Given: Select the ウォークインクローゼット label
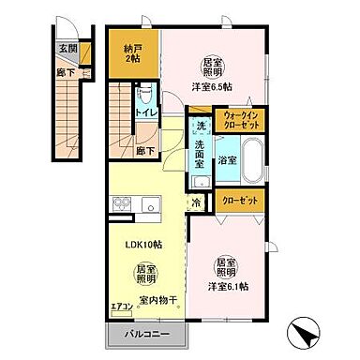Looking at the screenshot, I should coord(243,120).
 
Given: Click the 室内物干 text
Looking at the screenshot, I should coord(158,301).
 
